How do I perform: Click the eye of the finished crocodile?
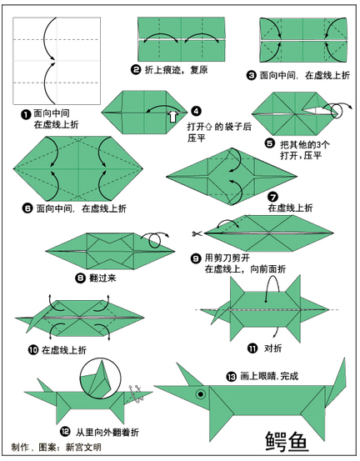pyautogui.click(x=201, y=394)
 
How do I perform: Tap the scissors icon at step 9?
pyautogui.click(x=197, y=233)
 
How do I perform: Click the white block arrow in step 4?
pyautogui.click(x=173, y=117)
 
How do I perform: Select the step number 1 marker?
pyautogui.click(x=26, y=114)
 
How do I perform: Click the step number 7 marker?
pyautogui.click(x=273, y=197)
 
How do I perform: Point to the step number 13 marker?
pyautogui.click(x=232, y=376)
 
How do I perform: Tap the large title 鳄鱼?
pyautogui.click(x=287, y=441)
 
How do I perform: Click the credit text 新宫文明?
pyautogui.click(x=83, y=447)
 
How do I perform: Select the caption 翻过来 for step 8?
pyautogui.click(x=102, y=278)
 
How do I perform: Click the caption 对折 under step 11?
pyautogui.click(x=273, y=348)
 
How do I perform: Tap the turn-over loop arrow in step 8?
pyautogui.click(x=155, y=239)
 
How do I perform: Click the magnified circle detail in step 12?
pyautogui.click(x=101, y=378)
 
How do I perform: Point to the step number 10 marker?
pyautogui.click(x=33, y=350)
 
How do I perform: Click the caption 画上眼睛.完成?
pyautogui.click(x=269, y=376)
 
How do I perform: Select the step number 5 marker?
pyautogui.click(x=270, y=143)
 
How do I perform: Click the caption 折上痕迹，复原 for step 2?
pyautogui.click(x=176, y=70)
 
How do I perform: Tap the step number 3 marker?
pyautogui.click(x=252, y=76)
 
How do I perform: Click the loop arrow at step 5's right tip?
pyautogui.click(x=338, y=110)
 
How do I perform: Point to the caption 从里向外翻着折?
pyautogui.click(x=107, y=432)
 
